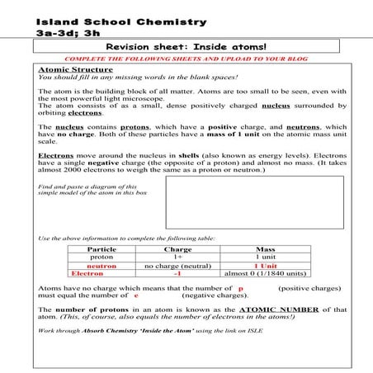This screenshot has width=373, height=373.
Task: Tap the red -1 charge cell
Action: [x=177, y=274]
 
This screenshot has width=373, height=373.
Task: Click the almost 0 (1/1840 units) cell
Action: [x=266, y=274]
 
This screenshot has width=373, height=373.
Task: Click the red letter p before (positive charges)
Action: [x=240, y=288]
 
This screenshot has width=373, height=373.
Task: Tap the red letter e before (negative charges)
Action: [x=135, y=295]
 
